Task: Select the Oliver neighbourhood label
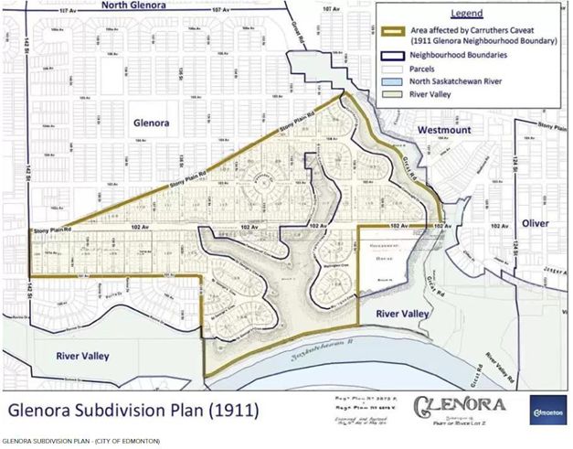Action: (537, 222)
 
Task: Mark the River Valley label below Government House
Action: (403, 314)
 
